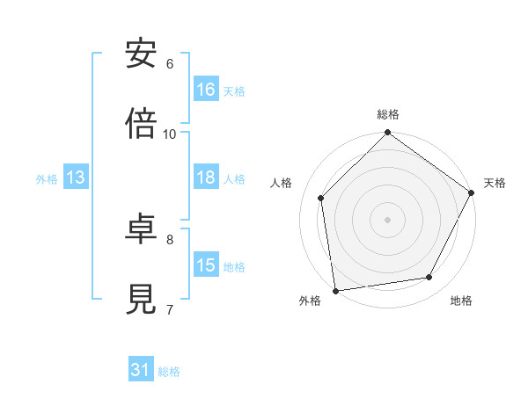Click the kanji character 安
(x=142, y=54)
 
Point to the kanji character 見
(x=142, y=300)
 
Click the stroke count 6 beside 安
(x=170, y=63)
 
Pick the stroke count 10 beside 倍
(x=170, y=134)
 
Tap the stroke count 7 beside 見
(x=170, y=309)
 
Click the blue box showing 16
(x=206, y=90)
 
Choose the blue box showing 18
(x=206, y=178)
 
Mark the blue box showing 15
(x=206, y=265)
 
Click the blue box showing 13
(x=76, y=178)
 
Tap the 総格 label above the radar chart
(x=388, y=115)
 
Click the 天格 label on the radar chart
(x=495, y=183)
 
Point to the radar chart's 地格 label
(x=461, y=301)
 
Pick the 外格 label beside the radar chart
(x=310, y=301)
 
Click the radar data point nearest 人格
(x=321, y=198)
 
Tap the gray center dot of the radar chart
(x=388, y=219)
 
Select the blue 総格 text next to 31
(x=169, y=371)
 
